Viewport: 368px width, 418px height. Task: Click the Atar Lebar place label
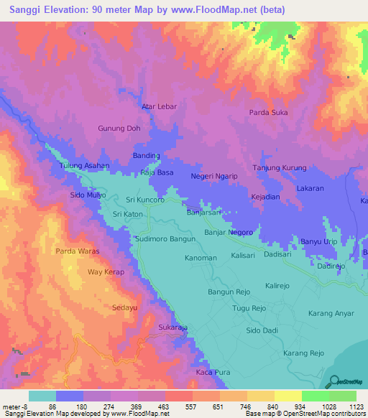pos(158,106)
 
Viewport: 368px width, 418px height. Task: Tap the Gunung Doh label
pos(119,129)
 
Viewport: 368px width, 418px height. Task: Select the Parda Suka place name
pos(268,112)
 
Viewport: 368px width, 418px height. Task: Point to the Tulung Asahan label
pos(84,165)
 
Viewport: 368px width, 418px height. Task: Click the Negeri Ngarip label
pos(214,175)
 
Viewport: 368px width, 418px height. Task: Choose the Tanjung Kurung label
pos(280,168)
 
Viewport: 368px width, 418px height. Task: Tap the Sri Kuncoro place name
pos(145,200)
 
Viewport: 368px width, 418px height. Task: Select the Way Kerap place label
pos(106,272)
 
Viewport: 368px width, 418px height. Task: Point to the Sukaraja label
pos(172,327)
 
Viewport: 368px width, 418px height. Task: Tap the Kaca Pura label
pos(213,373)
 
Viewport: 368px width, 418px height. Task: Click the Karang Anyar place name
pos(331,313)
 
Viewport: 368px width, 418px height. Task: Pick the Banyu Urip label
pos(318,241)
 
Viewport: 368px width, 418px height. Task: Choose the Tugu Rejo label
pos(249,308)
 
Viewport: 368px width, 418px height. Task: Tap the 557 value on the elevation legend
pos(179,407)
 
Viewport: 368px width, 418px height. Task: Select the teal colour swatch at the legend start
pos(42,396)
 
